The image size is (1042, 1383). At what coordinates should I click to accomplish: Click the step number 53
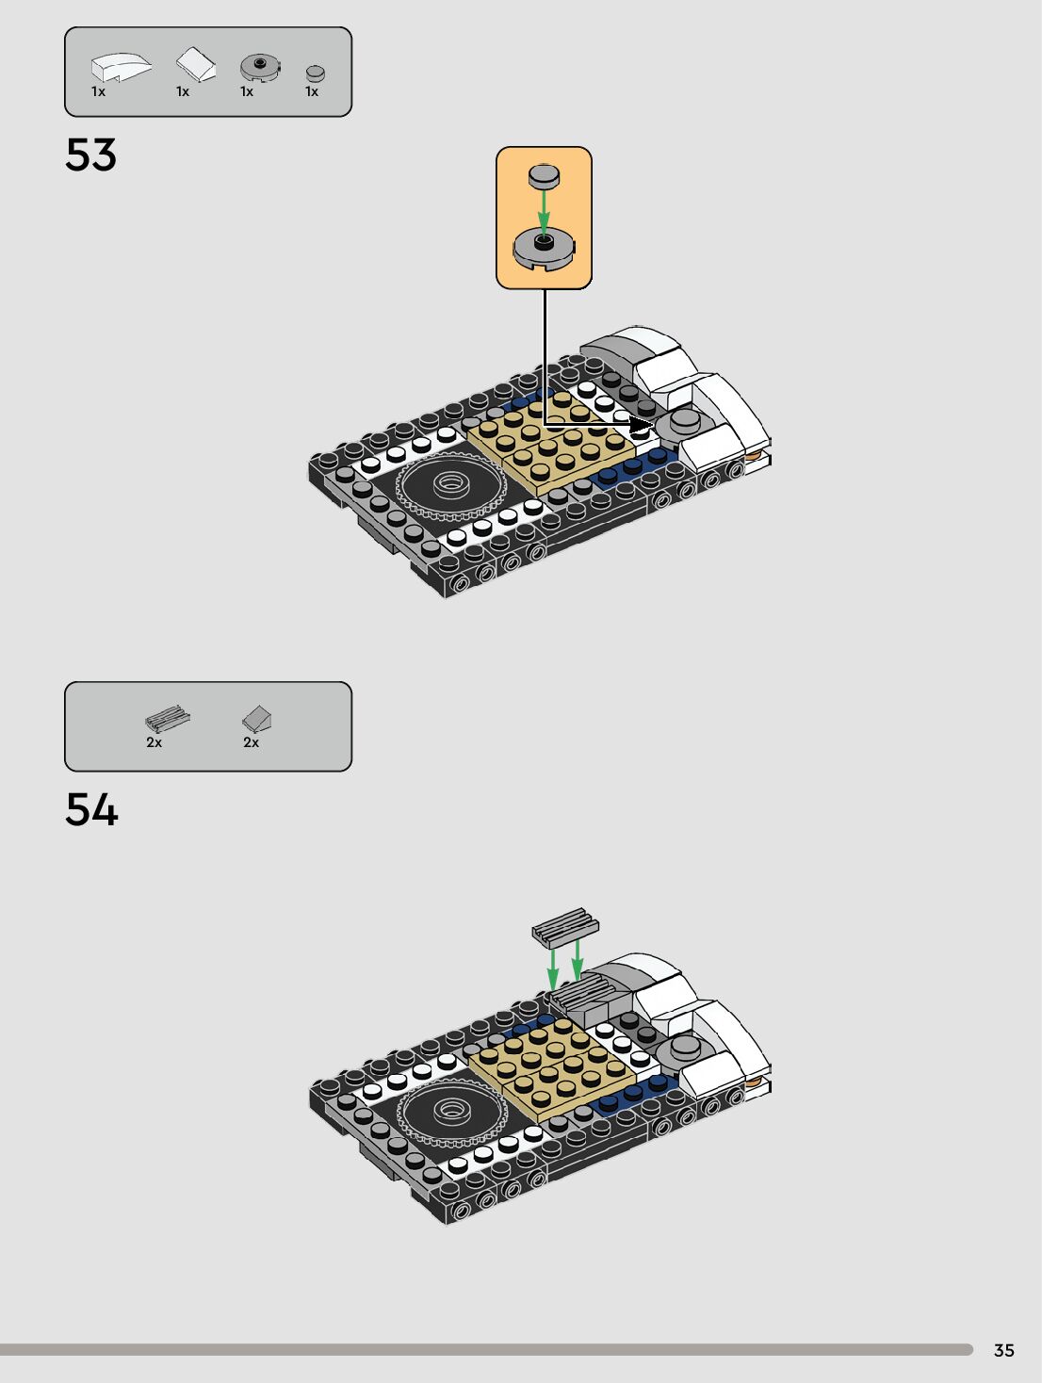pos(90,155)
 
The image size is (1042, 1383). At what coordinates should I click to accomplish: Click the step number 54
pos(91,810)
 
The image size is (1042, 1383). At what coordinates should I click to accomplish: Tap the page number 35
pos(1003,1350)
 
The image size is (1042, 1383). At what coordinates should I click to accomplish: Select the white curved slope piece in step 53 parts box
pos(120,67)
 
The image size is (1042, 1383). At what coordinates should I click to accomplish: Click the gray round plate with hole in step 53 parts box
pos(259,66)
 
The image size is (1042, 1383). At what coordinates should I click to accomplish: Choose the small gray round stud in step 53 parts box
pos(316,73)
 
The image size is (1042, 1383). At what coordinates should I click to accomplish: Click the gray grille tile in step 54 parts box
pos(167,720)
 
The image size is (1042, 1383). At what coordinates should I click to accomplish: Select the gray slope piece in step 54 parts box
pos(256,719)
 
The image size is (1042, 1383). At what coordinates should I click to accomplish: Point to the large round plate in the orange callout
pos(544,249)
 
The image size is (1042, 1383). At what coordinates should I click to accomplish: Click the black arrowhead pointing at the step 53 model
pos(641,426)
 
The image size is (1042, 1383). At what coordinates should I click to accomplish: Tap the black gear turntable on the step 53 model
pos(448,485)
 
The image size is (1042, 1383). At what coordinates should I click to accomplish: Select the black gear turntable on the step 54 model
pos(448,1112)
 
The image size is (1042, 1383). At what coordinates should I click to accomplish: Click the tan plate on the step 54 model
pos(551,1069)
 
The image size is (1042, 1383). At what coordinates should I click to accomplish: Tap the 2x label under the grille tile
pos(154,742)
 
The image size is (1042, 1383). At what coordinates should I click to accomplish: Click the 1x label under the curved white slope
pos(98,91)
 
